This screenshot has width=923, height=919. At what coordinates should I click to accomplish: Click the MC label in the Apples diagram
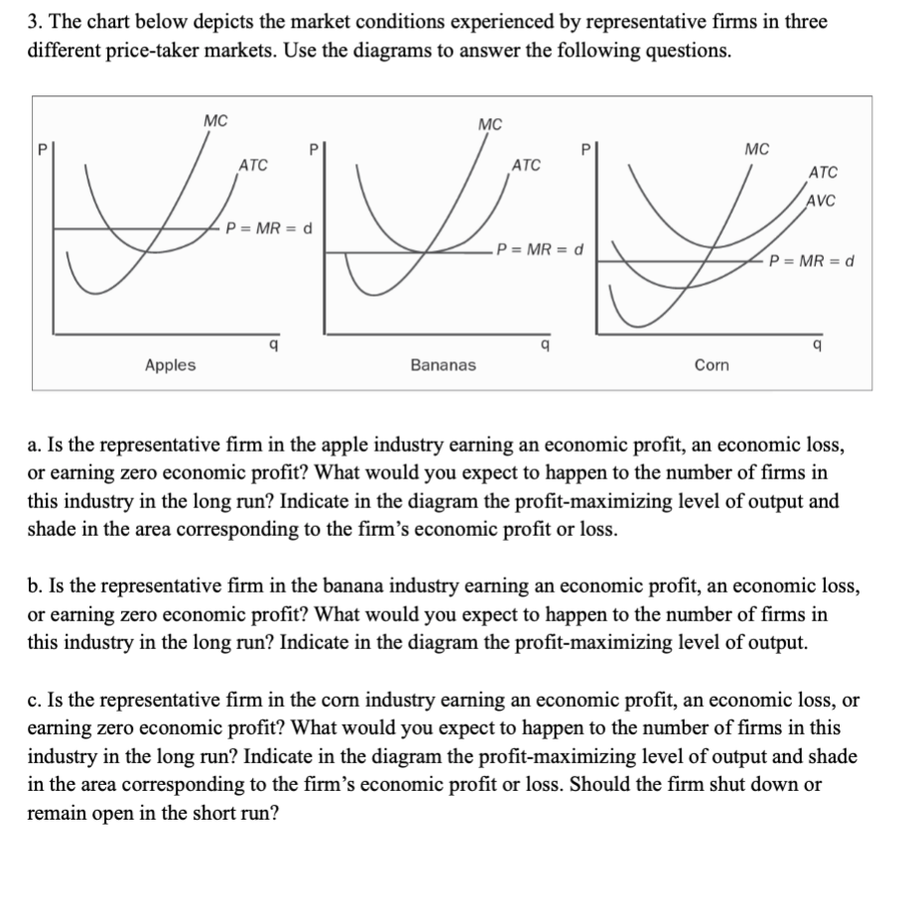point(215,120)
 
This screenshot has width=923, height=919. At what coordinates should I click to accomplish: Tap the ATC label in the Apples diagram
point(253,164)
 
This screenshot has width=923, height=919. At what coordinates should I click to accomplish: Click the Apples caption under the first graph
point(171,365)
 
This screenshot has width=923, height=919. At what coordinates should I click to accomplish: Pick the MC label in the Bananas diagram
point(489,124)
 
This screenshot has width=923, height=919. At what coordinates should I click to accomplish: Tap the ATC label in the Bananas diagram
point(525,164)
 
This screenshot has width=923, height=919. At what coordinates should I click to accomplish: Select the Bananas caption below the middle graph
point(443,365)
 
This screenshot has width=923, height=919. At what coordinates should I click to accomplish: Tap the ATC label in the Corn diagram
point(823,173)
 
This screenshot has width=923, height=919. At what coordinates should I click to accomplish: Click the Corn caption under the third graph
point(712,365)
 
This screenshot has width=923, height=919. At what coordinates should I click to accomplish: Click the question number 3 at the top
point(34,22)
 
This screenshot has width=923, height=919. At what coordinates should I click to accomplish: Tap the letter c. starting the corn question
point(34,700)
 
